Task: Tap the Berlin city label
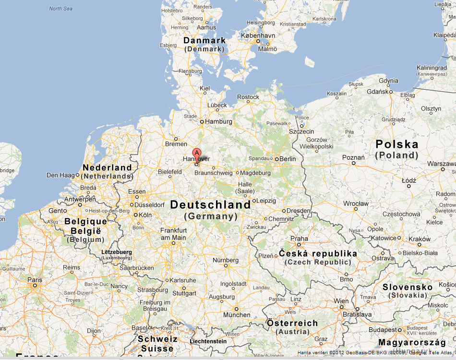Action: click(x=288, y=159)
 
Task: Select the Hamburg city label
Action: click(x=218, y=122)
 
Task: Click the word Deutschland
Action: click(x=210, y=205)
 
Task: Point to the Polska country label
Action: click(x=396, y=144)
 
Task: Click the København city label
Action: click(x=258, y=36)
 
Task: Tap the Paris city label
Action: click(x=35, y=279)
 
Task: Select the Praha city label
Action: click(x=299, y=239)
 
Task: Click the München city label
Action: click(x=237, y=315)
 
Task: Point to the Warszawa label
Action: click(x=442, y=164)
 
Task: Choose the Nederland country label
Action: click(x=107, y=168)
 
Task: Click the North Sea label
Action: click(x=61, y=9)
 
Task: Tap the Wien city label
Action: click(x=341, y=301)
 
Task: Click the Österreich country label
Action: click(x=292, y=324)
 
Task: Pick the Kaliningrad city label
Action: click(x=432, y=68)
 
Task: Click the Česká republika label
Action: click(x=318, y=253)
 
